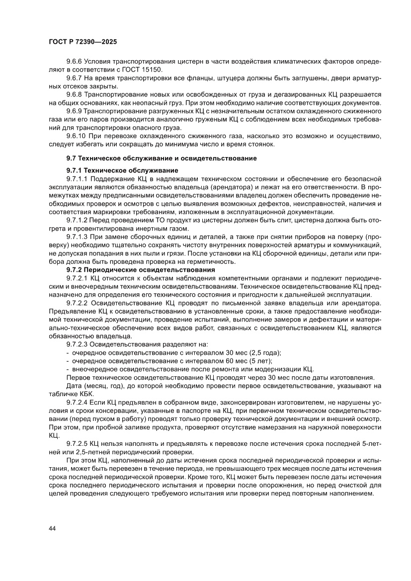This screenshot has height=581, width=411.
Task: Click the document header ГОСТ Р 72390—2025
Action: (82, 42)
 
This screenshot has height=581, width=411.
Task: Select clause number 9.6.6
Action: (75, 62)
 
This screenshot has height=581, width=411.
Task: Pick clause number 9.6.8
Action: (75, 94)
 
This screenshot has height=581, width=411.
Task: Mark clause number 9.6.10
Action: (77, 136)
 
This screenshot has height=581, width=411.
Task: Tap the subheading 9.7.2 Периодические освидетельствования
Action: (133, 269)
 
